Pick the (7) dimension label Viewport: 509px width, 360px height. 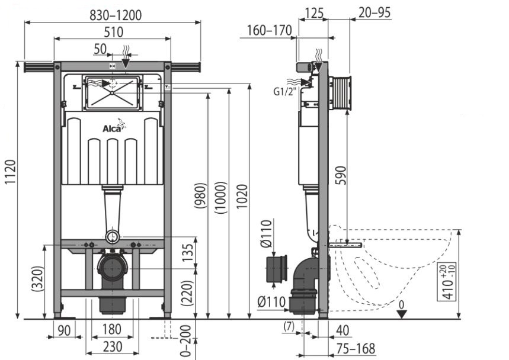point(289,326)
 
